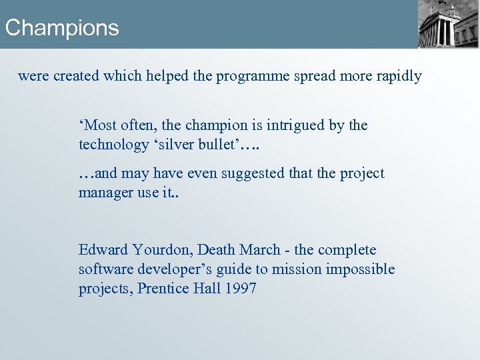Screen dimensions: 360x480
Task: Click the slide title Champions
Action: (x=61, y=28)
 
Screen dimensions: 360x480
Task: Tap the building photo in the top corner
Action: (x=448, y=24)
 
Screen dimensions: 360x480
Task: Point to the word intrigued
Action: (x=296, y=125)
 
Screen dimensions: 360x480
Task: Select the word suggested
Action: (x=253, y=173)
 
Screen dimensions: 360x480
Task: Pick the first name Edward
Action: (x=103, y=250)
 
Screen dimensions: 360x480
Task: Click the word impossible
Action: (x=361, y=269)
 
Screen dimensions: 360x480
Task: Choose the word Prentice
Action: (x=163, y=289)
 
